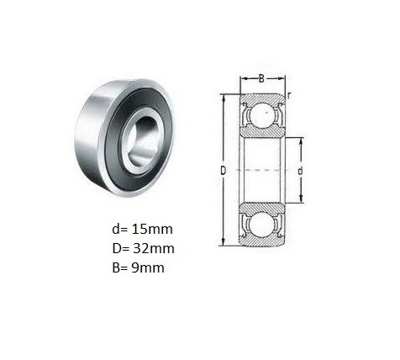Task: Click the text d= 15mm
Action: [x=142, y=230]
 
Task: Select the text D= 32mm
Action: [x=143, y=248]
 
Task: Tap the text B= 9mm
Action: [x=138, y=267]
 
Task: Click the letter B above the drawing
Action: [x=261, y=79]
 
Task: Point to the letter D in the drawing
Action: [x=223, y=171]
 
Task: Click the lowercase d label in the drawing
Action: [x=300, y=171]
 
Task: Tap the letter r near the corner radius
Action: [x=289, y=96]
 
